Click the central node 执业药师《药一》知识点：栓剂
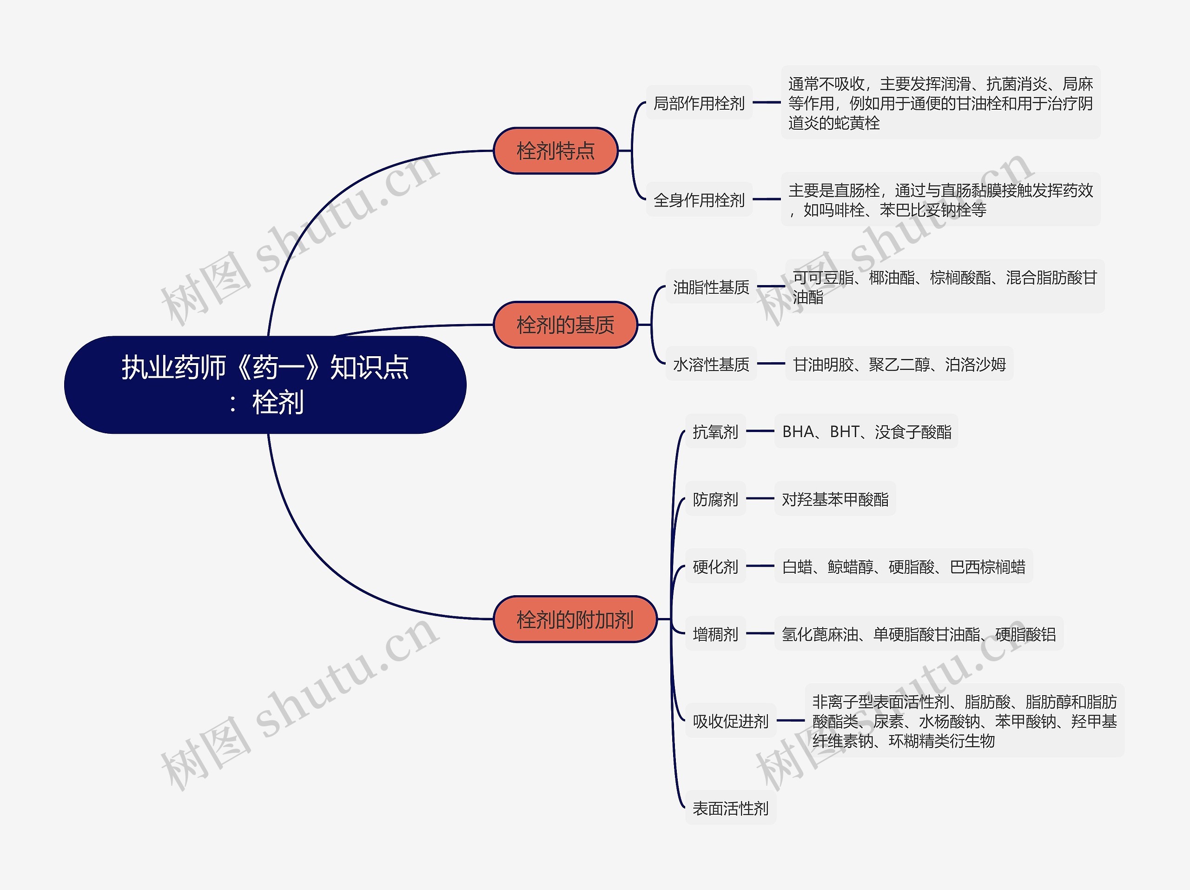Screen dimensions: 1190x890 click(x=265, y=385)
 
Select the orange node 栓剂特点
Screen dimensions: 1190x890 click(x=556, y=151)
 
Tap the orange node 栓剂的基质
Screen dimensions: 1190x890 click(x=565, y=325)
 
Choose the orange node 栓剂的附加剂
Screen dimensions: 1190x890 click(x=575, y=619)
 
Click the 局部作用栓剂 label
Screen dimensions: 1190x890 click(x=699, y=102)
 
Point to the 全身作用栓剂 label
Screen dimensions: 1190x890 click(x=699, y=199)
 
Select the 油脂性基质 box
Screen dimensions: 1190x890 click(x=711, y=287)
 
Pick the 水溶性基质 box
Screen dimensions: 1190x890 click(x=711, y=364)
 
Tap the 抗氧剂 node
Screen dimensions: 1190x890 click(x=715, y=431)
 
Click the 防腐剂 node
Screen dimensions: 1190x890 click(x=715, y=499)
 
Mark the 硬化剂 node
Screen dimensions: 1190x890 click(x=715, y=566)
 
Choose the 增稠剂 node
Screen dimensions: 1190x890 click(x=715, y=634)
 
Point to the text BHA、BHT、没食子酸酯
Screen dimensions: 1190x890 click(x=866, y=432)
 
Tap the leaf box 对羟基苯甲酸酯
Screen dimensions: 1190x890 click(x=835, y=499)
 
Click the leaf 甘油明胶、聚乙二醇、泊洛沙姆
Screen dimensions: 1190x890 click(x=899, y=364)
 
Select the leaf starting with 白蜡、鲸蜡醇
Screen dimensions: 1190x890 click(x=904, y=566)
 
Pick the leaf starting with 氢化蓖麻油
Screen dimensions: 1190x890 click(x=919, y=634)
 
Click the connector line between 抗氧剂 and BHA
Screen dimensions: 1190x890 click(x=760, y=431)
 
